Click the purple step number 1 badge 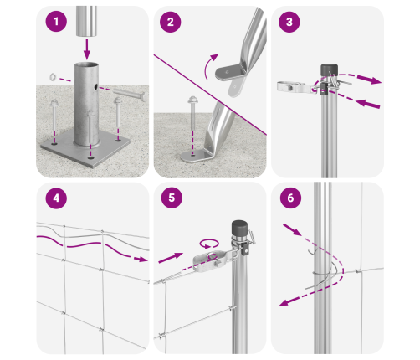pyautogui.click(x=56, y=21)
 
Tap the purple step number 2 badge pyautogui.click(x=171, y=22)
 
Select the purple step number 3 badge pyautogui.click(x=289, y=22)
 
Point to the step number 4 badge pyautogui.click(x=56, y=198)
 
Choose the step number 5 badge pyautogui.click(x=172, y=198)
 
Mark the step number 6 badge pyautogui.click(x=290, y=198)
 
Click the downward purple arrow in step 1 pyautogui.click(x=87, y=49)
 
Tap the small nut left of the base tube pyautogui.click(x=53, y=77)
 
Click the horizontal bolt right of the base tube pyautogui.click(x=129, y=94)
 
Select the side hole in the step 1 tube pyautogui.click(x=95, y=87)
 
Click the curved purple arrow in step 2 pyautogui.click(x=210, y=66)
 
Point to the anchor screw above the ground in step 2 pyautogui.click(x=192, y=111)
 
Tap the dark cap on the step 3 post pyautogui.click(x=329, y=70)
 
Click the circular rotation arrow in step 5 pyautogui.click(x=209, y=243)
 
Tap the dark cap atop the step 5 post pyautogui.click(x=239, y=229)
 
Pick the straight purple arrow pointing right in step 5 pyautogui.click(x=171, y=258)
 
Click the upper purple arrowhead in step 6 pyautogui.click(x=292, y=229)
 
